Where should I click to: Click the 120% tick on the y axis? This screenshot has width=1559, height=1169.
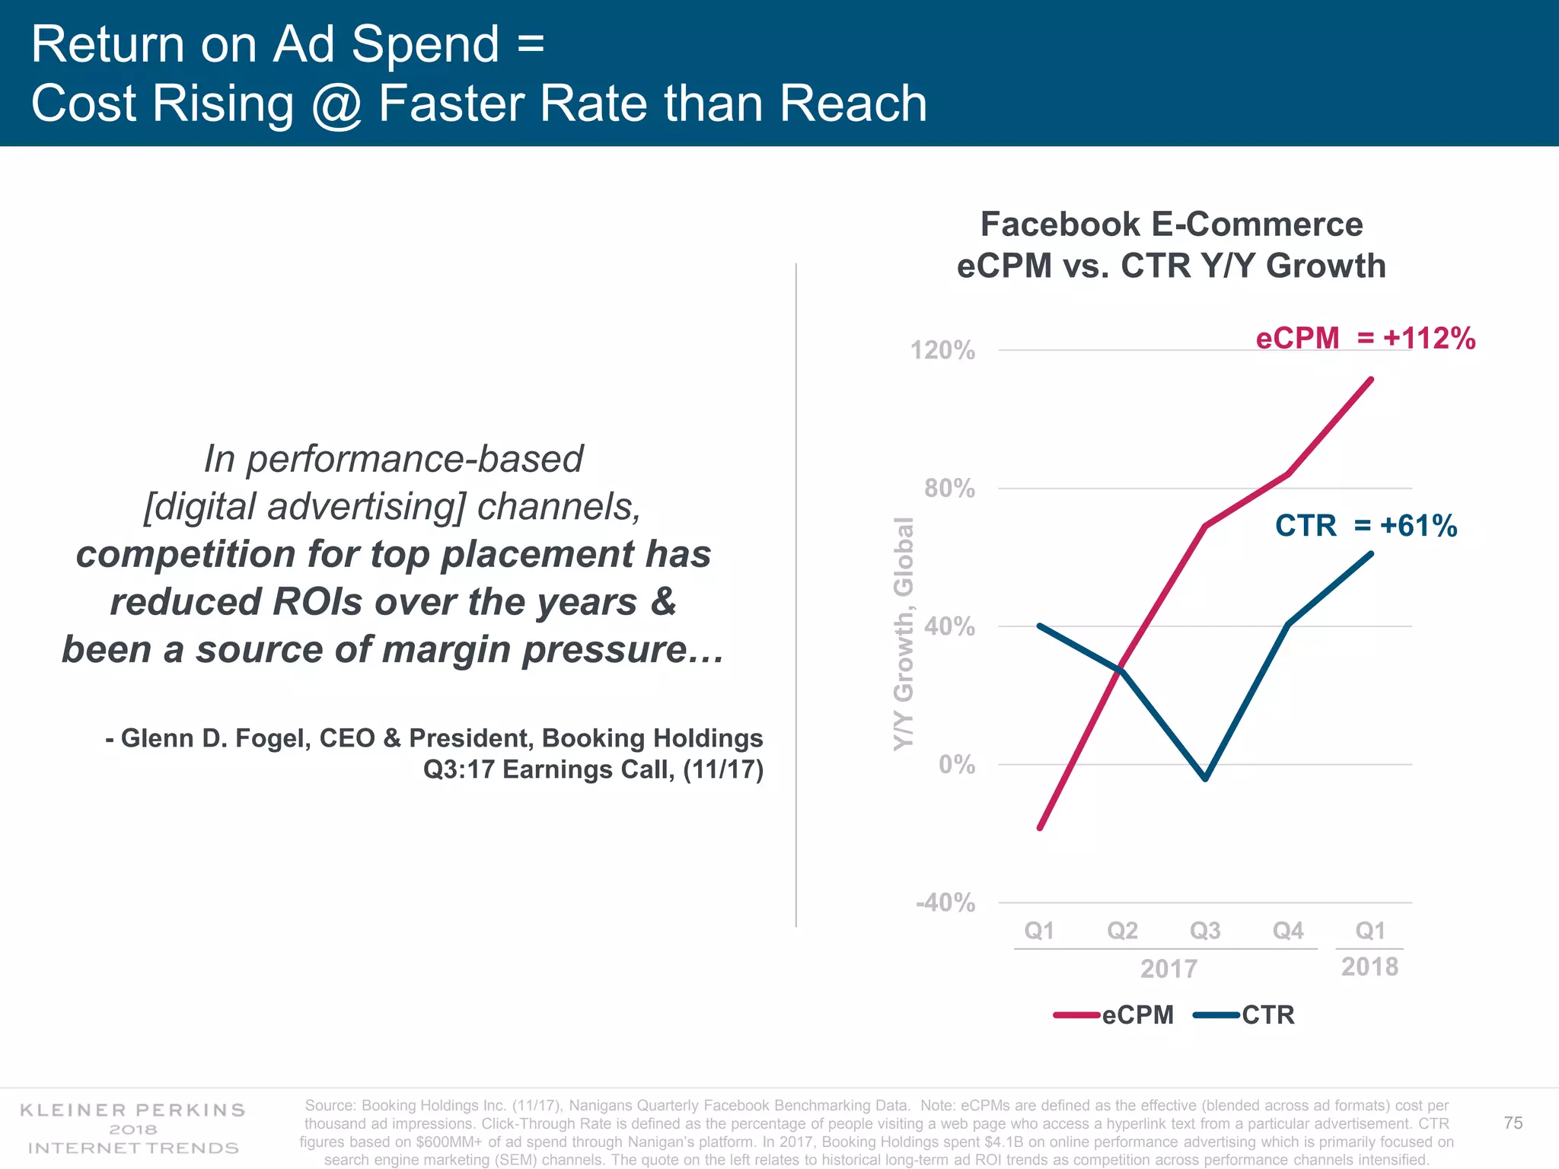click(x=942, y=351)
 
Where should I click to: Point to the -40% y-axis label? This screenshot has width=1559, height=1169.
click(x=945, y=903)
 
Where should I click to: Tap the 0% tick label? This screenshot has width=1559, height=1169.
click(x=956, y=764)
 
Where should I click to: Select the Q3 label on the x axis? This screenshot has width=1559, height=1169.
click(x=1205, y=930)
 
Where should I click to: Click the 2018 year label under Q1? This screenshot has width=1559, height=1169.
click(x=1369, y=967)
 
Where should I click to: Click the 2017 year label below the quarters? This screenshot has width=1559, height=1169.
click(x=1168, y=969)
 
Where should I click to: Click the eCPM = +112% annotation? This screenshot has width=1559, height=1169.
click(x=1365, y=338)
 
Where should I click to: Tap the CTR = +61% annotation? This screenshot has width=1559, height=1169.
click(x=1366, y=526)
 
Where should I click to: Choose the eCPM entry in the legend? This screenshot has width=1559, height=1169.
click(x=1137, y=1015)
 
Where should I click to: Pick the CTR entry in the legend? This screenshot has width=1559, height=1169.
click(x=1267, y=1015)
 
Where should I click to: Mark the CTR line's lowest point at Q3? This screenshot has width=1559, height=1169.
click(x=1206, y=779)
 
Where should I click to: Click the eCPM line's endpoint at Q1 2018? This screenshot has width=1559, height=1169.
click(x=1371, y=379)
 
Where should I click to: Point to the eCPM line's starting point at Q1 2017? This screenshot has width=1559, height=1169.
click(x=1040, y=827)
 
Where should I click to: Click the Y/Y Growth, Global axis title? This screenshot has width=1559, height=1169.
click(x=903, y=633)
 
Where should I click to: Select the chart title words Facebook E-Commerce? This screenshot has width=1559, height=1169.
click(x=1171, y=225)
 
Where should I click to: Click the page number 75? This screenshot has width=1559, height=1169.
click(x=1513, y=1123)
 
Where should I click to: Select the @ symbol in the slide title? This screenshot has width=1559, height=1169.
click(x=336, y=104)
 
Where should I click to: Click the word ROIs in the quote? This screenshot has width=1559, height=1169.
click(x=317, y=601)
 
